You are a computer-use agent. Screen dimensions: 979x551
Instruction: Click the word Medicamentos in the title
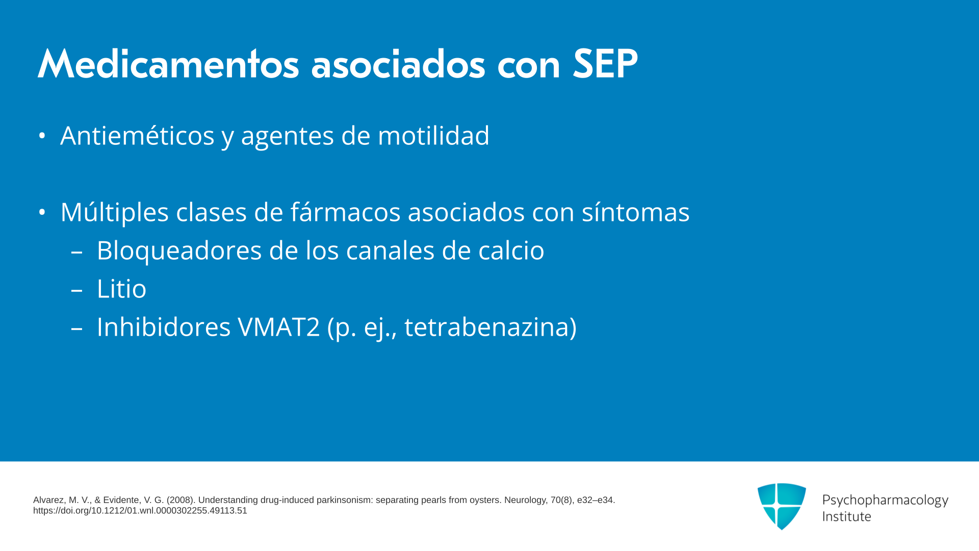pos(168,64)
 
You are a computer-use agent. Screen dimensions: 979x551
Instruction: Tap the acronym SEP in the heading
pos(605,64)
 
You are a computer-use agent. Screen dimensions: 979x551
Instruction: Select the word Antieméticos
pos(137,136)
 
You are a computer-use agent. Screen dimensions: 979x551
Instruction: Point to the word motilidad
pos(433,136)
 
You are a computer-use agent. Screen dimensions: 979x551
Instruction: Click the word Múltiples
pos(115,212)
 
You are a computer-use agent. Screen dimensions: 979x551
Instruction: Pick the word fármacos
pos(346,212)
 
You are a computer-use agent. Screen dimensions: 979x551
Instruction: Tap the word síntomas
pos(636,212)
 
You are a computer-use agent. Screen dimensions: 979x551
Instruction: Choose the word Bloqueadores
pos(179,251)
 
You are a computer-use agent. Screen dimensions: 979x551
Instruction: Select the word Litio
pos(121,289)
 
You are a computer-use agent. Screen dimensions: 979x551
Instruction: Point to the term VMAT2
pos(278,327)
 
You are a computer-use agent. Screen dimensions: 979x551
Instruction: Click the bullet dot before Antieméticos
pos(42,136)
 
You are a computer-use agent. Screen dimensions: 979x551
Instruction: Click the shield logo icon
pos(782,507)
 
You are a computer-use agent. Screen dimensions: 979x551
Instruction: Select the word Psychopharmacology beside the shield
pos(885,500)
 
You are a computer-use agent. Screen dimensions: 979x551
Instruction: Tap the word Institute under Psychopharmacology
pos(846,516)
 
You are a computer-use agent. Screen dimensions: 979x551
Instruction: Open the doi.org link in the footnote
pos(140,511)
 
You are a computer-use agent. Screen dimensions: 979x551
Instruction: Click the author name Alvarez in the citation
pos(49,500)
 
